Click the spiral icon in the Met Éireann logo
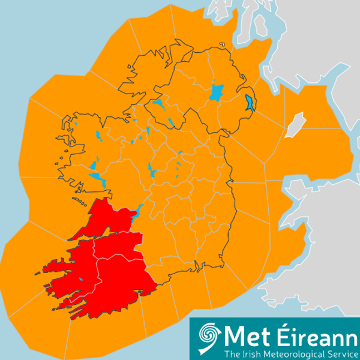(208, 335)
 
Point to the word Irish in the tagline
(247, 353)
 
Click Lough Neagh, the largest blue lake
(217, 92)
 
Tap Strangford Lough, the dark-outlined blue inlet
(249, 103)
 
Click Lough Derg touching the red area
(136, 212)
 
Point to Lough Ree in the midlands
(154, 172)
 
